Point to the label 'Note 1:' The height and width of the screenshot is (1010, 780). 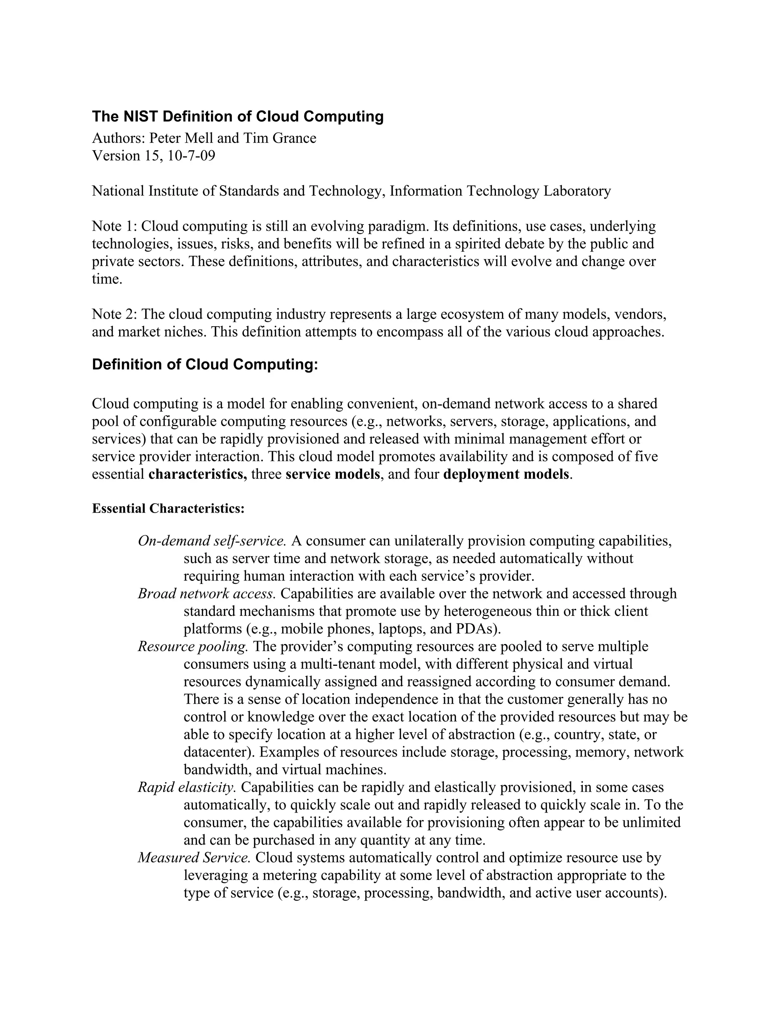(114, 227)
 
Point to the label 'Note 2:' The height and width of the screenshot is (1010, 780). (114, 314)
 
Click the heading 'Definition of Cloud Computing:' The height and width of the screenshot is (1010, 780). (205, 365)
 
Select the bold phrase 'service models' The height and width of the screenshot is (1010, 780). (333, 475)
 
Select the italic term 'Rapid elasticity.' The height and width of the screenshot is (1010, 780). (187, 787)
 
